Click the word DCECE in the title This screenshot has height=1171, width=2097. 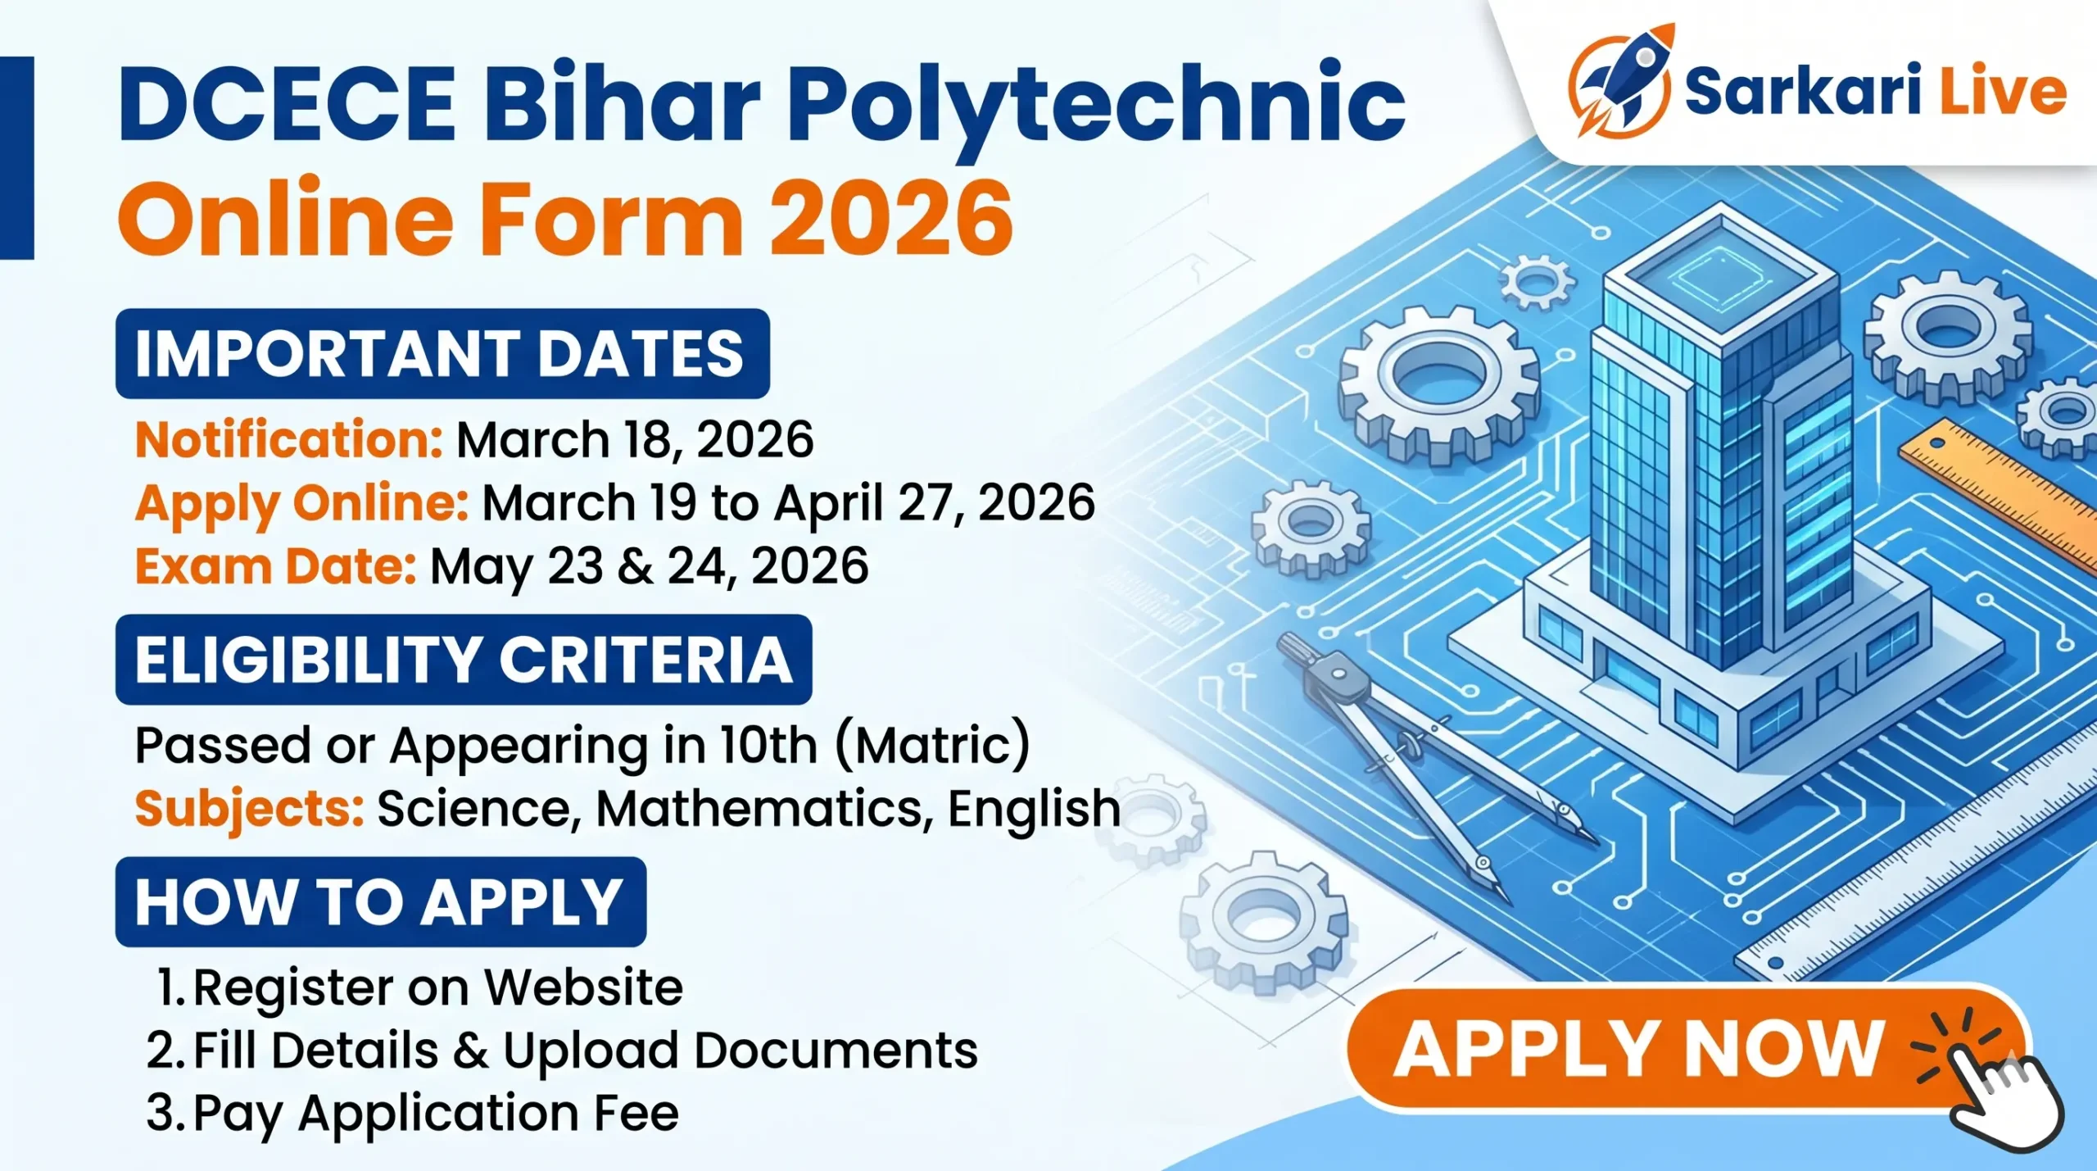click(x=287, y=104)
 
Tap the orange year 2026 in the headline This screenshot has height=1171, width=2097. click(x=891, y=220)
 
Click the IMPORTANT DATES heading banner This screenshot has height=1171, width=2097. click(x=442, y=354)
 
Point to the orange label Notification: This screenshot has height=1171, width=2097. click(x=289, y=440)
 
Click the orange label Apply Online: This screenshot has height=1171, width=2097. click(x=301, y=502)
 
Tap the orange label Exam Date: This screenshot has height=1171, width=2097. click(x=276, y=566)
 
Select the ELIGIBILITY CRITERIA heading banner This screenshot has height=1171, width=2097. click(x=464, y=660)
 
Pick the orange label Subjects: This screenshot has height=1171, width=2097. click(x=249, y=808)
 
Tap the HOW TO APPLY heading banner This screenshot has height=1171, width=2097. click(x=381, y=902)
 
